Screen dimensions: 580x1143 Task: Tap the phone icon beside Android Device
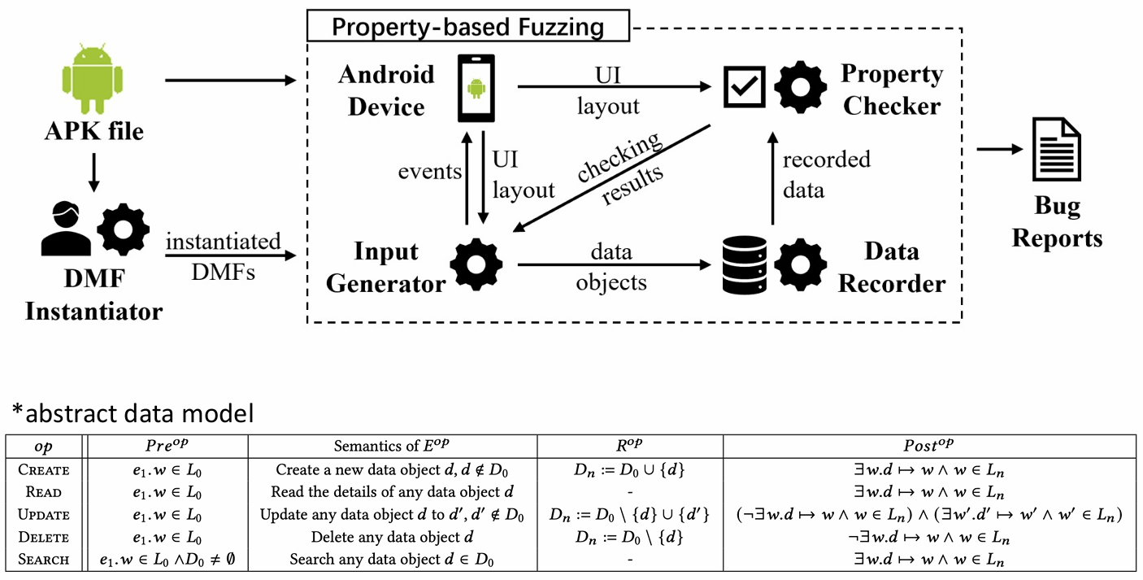pyautogui.click(x=476, y=87)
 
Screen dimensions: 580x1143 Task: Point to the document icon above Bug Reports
pyautogui.click(x=1056, y=150)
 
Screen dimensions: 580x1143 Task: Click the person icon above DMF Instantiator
pyautogui.click(x=67, y=230)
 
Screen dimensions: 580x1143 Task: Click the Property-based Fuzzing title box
pyautogui.click(x=467, y=27)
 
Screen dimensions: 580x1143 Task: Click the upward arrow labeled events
pyautogui.click(x=467, y=178)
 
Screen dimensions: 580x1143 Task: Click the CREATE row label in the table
pyautogui.click(x=45, y=469)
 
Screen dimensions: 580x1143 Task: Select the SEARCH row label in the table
pyautogui.click(x=45, y=560)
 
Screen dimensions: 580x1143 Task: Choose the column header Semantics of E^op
pyautogui.click(x=392, y=447)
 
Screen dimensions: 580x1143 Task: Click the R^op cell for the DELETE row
pyautogui.click(x=629, y=537)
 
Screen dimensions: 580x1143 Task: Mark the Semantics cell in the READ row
pyautogui.click(x=392, y=492)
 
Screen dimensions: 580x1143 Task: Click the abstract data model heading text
pyautogui.click(x=133, y=413)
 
